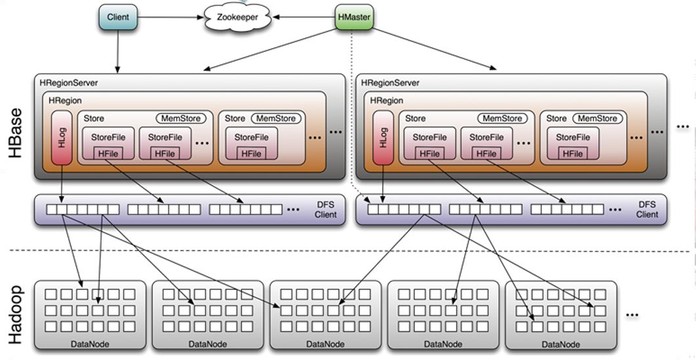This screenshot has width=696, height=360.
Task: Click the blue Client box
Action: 118,17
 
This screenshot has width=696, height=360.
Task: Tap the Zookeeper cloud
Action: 238,18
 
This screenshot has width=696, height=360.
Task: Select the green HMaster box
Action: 354,17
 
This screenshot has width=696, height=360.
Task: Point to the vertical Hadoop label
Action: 16,315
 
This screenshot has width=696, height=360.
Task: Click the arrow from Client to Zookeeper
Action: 170,17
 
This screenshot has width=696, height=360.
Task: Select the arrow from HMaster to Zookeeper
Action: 305,17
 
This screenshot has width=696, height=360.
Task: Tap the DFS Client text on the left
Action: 325,210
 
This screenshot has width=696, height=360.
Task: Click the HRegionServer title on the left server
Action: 69,83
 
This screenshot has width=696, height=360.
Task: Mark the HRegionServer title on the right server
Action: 390,83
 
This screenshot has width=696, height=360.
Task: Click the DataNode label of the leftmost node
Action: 89,344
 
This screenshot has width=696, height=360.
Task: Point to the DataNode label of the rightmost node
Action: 560,344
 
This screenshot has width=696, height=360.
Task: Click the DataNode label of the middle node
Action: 325,344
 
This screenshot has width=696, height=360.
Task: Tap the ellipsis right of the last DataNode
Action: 632,315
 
